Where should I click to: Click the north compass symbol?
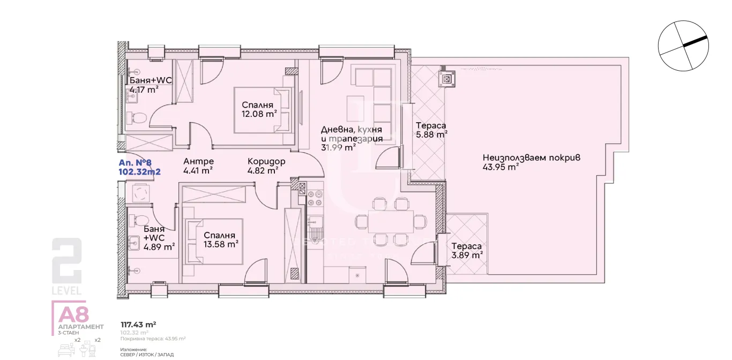(683, 46)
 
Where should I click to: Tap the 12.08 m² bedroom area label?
(259, 114)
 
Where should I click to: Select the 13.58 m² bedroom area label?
(220, 244)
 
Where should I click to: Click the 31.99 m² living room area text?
(339, 148)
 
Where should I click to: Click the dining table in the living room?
(391, 220)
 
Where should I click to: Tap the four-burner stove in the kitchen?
(315, 199)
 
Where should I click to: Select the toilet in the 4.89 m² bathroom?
(138, 220)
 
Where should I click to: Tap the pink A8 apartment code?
(74, 314)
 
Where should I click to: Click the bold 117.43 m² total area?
(138, 324)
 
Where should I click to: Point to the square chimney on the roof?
(446, 79)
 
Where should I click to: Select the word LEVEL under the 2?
(67, 291)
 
